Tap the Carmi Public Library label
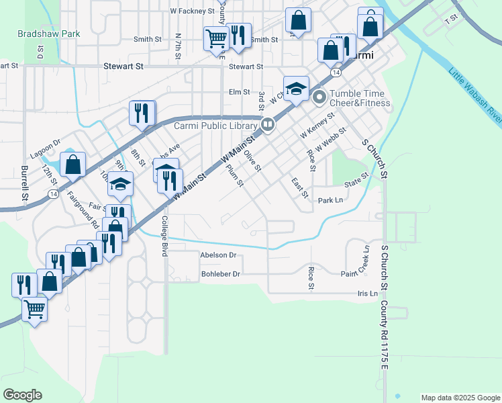(215, 126)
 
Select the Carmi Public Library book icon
(267, 124)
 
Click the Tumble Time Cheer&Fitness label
(359, 98)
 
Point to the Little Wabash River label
(475, 95)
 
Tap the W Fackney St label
(192, 11)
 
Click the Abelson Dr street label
(218, 255)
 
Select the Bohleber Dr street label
(220, 274)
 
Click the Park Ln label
(330, 200)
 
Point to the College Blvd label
(164, 236)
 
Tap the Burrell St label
(24, 183)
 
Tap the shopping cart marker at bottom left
(34, 309)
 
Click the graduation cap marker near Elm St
(295, 89)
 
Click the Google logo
(22, 395)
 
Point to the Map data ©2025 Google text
(460, 398)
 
